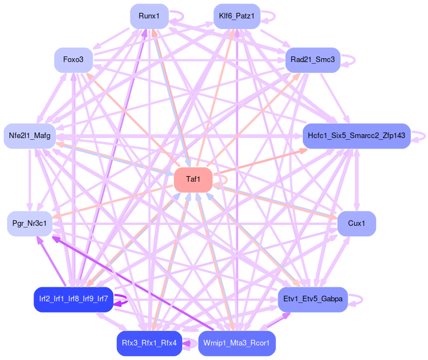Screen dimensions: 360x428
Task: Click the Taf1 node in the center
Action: [x=193, y=179]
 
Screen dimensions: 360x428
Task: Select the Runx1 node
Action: [x=149, y=16]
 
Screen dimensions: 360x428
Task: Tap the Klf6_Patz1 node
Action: [x=237, y=16]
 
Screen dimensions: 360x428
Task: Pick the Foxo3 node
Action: [x=73, y=60]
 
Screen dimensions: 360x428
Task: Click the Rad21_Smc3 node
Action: [x=313, y=60]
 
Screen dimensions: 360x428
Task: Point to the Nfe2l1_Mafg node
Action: [x=30, y=136]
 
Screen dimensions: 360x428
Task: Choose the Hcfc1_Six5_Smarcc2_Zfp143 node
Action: [x=356, y=136]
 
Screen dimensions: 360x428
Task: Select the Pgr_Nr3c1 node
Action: [x=30, y=224]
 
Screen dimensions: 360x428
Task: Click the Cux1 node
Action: [x=356, y=224]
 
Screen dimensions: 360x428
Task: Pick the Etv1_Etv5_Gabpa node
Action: [x=313, y=300]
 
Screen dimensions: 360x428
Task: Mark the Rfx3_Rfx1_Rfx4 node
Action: [x=149, y=343]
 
